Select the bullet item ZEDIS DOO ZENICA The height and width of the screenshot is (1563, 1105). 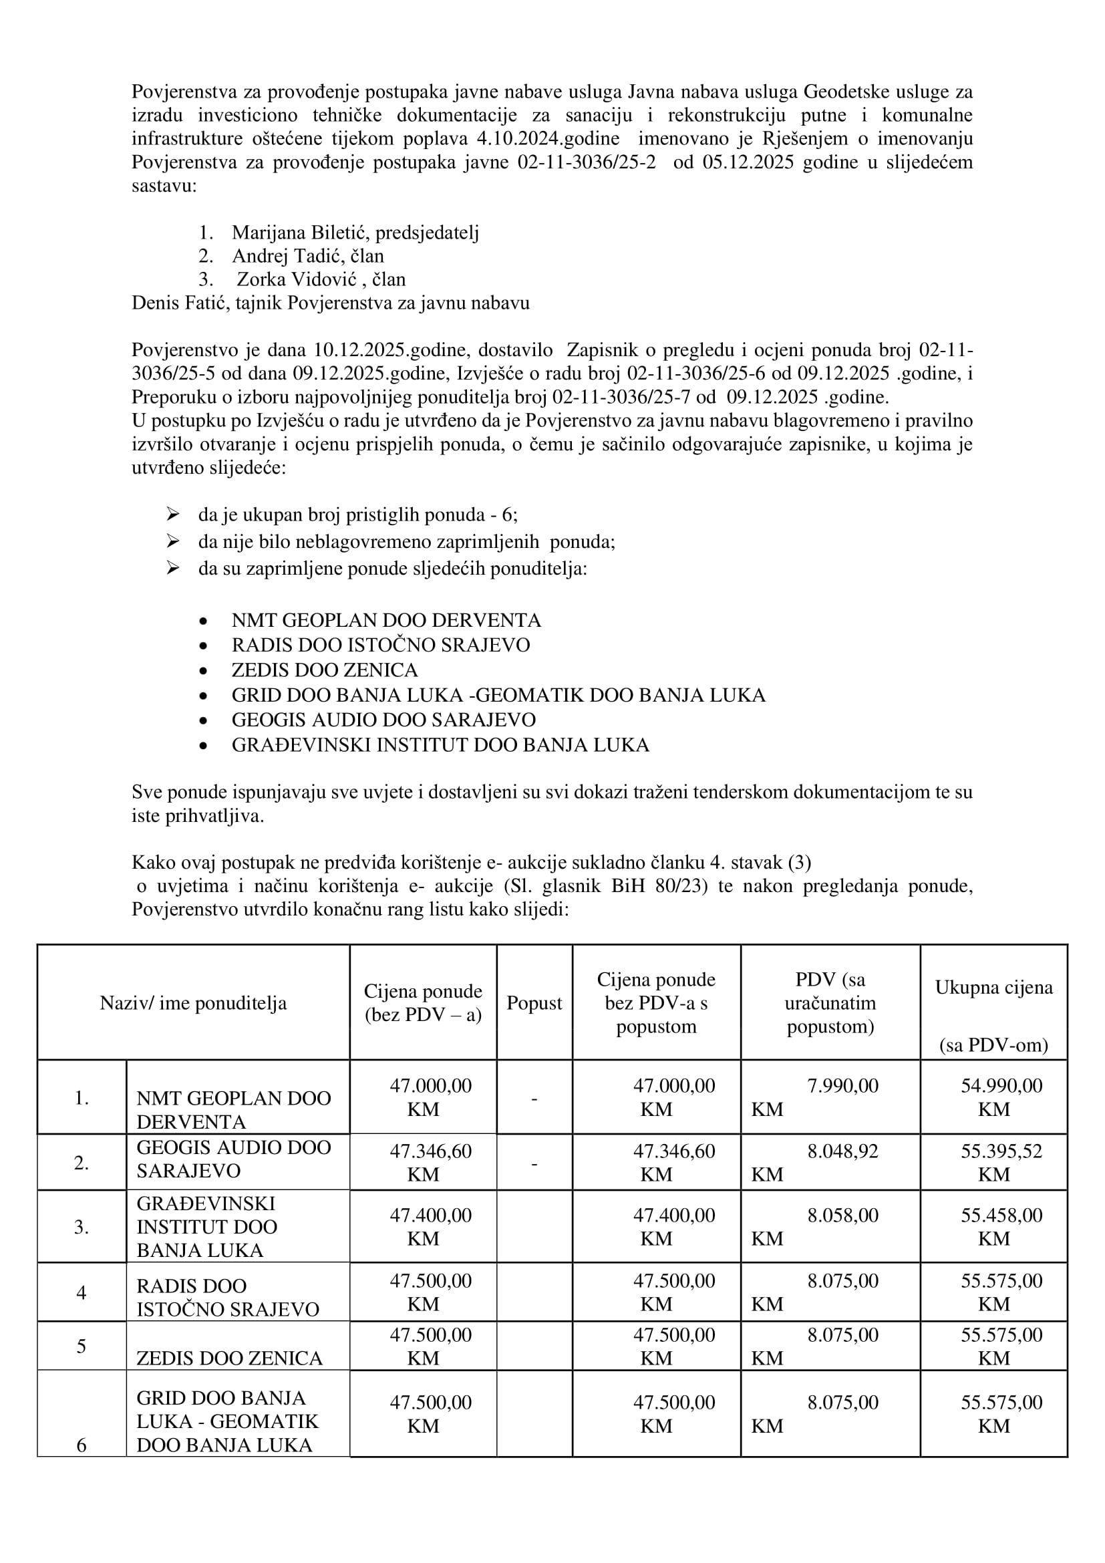(324, 670)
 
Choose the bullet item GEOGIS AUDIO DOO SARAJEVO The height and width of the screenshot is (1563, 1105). (383, 720)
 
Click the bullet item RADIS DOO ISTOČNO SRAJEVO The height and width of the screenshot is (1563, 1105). (380, 645)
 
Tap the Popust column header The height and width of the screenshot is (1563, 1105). (534, 1003)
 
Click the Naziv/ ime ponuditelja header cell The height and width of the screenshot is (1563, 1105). (193, 1003)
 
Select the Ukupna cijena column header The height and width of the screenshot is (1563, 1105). (993, 988)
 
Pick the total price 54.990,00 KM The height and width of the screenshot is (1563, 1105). (1000, 1097)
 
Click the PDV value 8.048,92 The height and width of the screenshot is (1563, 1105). (842, 1151)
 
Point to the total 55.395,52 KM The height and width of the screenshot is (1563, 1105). (1000, 1162)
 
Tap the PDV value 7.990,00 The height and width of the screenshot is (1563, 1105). (842, 1086)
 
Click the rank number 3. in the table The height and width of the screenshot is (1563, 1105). (82, 1227)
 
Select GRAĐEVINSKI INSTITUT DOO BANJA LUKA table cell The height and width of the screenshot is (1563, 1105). (207, 1227)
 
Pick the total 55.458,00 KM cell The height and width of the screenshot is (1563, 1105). (1000, 1226)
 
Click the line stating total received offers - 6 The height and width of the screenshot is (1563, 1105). (358, 515)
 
